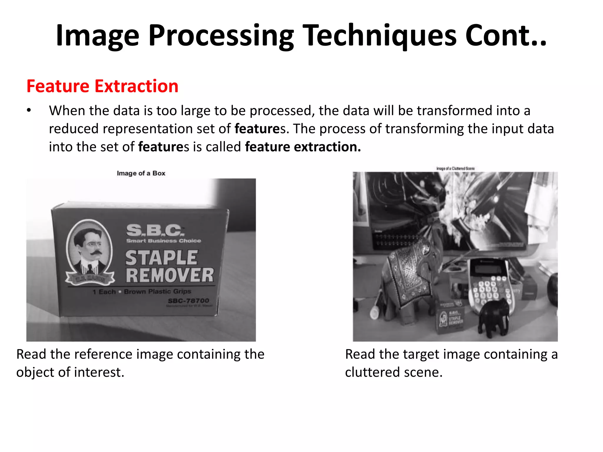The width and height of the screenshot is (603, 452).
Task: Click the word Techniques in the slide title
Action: coord(380,36)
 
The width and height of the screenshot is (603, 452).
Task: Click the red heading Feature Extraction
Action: coord(102,86)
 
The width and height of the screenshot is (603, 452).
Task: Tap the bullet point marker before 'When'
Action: coord(29,111)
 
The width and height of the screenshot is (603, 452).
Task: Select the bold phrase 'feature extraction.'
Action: coord(303,147)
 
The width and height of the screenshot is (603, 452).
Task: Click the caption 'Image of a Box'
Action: coord(141,173)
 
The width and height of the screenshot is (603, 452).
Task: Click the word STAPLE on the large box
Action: coord(161,258)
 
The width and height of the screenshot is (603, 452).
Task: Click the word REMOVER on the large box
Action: coord(170,275)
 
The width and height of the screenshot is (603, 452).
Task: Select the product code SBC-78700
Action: coord(188,300)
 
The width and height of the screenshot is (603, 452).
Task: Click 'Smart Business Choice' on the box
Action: coord(163,241)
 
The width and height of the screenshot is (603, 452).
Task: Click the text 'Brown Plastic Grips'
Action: coord(158,292)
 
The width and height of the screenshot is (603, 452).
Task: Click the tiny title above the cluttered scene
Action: coord(455,168)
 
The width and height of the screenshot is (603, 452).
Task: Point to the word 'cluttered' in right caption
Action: coord(372,372)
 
